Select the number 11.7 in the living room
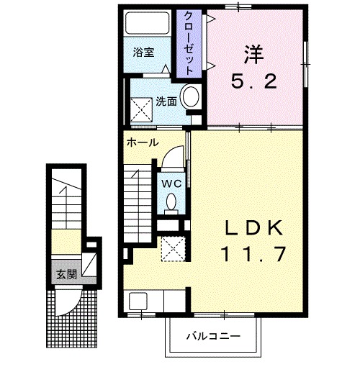tap(251, 255)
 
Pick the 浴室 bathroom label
tap(143, 53)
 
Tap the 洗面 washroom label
tap(166, 101)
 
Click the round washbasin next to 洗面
tap(191, 97)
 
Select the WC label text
tap(171, 183)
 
